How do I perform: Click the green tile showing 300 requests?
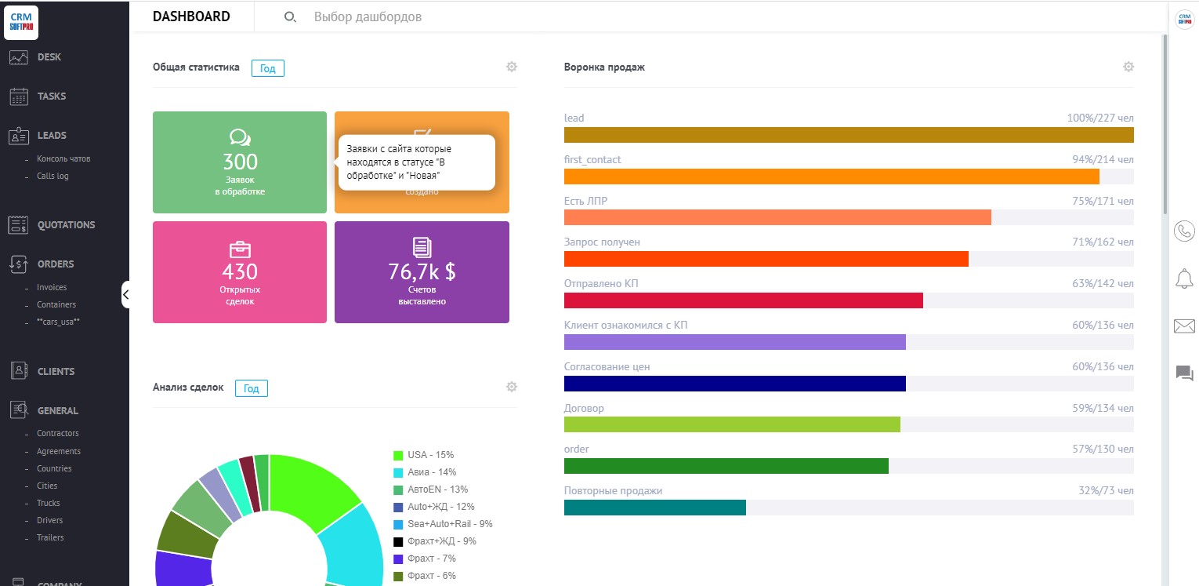(x=239, y=162)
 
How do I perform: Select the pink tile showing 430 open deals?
(x=239, y=272)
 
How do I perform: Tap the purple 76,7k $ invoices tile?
(x=422, y=272)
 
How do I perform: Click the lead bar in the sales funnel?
(x=848, y=135)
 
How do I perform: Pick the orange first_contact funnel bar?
(x=831, y=177)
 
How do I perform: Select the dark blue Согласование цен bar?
(x=734, y=384)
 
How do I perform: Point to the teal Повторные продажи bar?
(x=654, y=508)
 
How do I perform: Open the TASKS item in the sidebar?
(x=51, y=96)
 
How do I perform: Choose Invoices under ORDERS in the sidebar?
(x=52, y=287)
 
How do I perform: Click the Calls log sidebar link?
(x=53, y=176)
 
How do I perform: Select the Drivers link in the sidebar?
(x=49, y=520)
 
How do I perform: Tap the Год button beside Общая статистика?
(x=268, y=68)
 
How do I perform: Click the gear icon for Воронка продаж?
(x=1128, y=67)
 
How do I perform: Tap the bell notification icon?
(x=1184, y=278)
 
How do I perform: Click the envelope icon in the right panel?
(x=1184, y=326)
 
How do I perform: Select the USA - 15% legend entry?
(x=430, y=455)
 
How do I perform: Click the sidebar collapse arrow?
(x=125, y=294)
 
